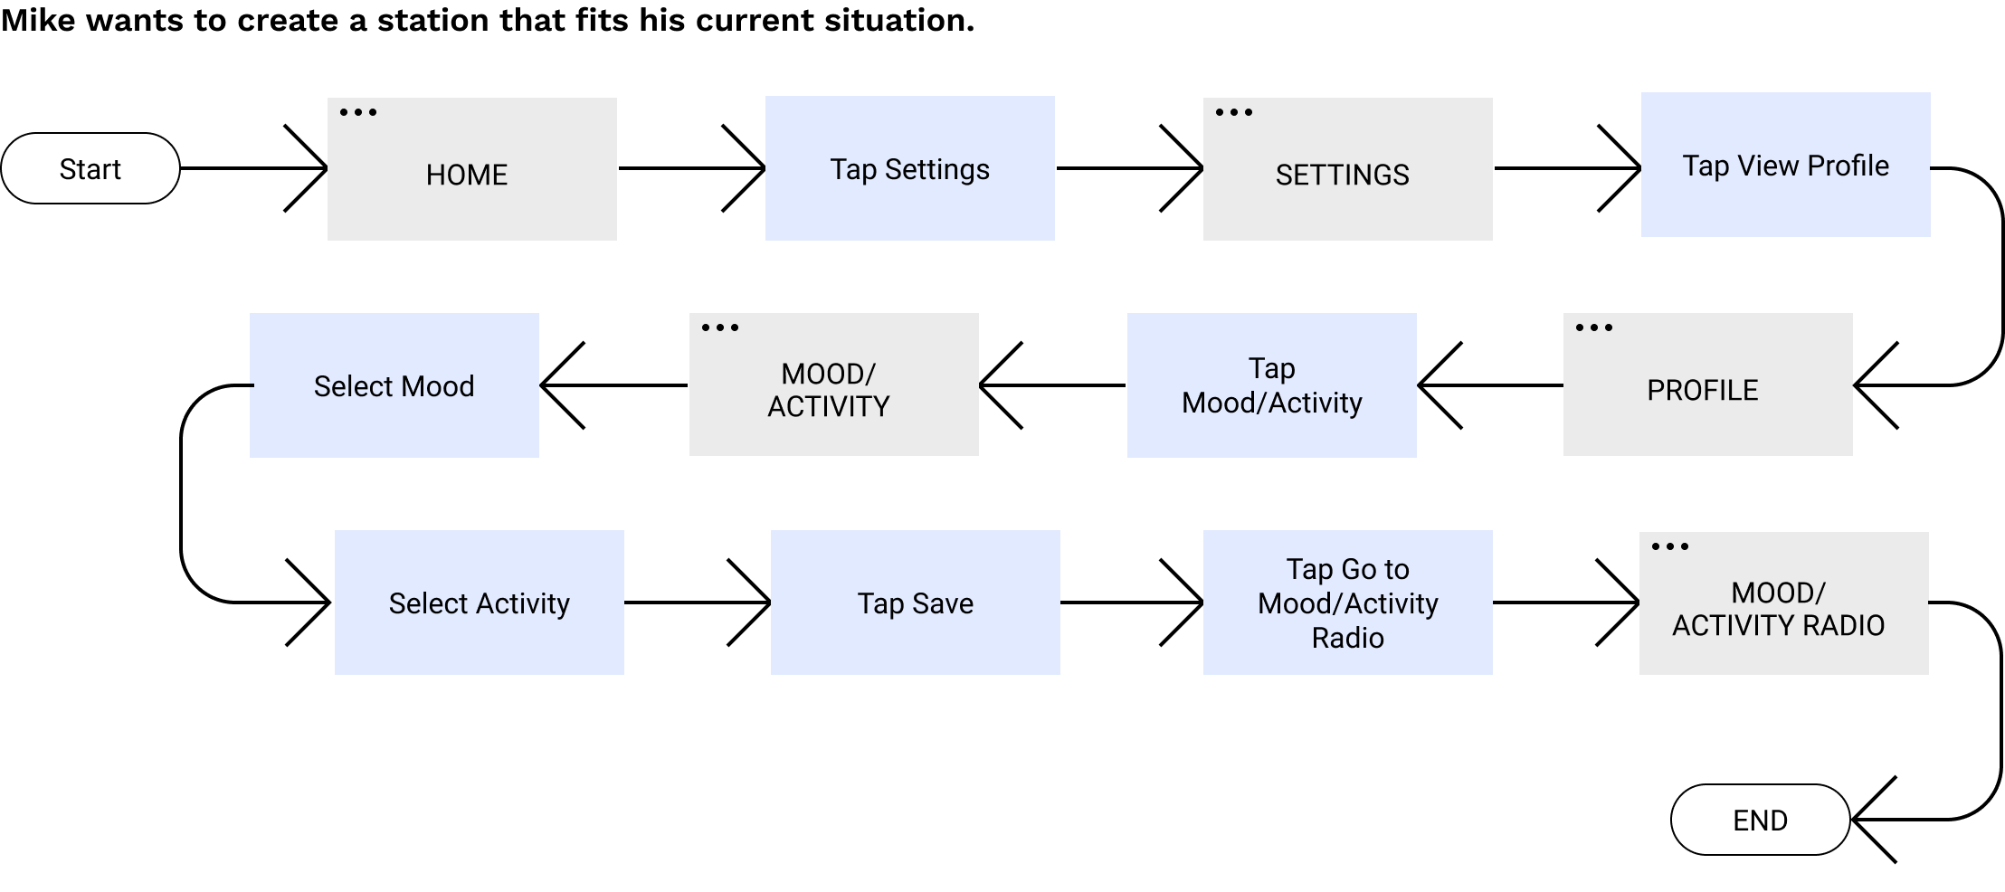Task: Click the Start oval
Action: [90, 168]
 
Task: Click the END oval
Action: [1760, 820]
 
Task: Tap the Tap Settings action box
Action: [909, 168]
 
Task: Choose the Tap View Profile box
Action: [1785, 165]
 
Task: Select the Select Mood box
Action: [394, 385]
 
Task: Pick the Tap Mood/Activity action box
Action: [1271, 385]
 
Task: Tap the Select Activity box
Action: [479, 603]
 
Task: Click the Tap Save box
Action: [915, 603]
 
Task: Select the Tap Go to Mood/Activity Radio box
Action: [1347, 603]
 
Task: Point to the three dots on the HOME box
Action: [358, 112]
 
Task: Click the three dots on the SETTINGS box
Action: [1234, 112]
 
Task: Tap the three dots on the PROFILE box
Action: [1594, 327]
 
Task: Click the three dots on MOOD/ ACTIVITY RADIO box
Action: [1670, 546]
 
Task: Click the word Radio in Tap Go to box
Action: [1347, 638]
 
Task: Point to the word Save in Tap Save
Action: [943, 603]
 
